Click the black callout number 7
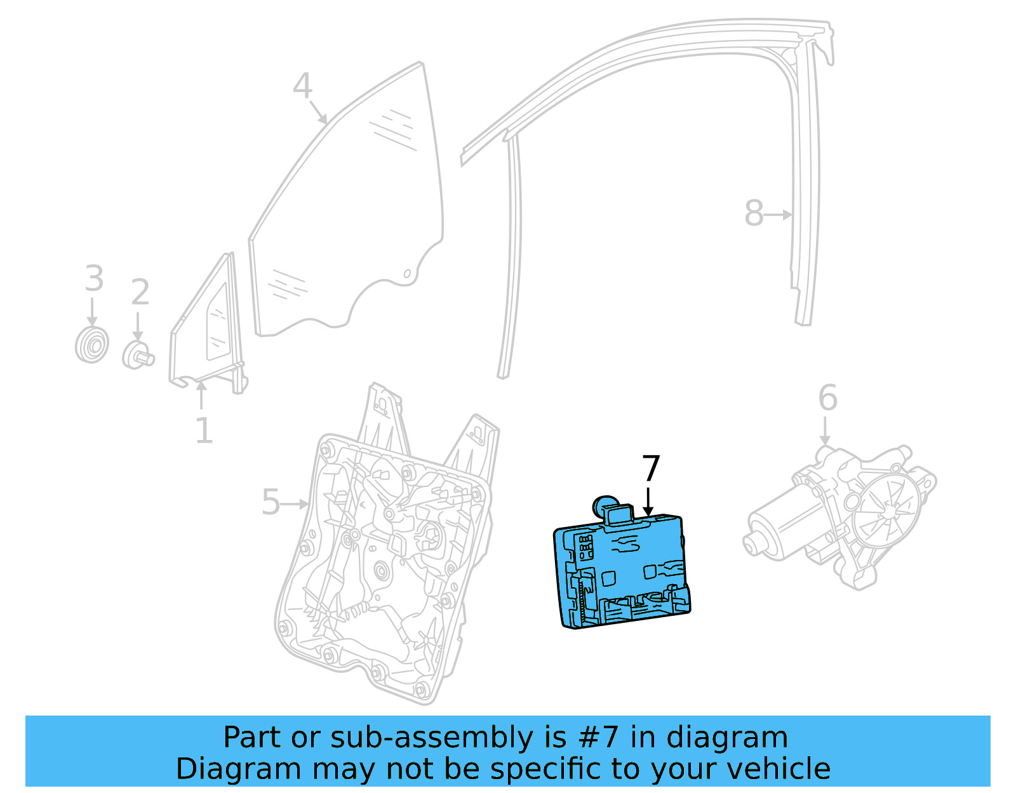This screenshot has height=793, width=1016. (651, 469)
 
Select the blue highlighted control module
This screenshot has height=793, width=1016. (622, 571)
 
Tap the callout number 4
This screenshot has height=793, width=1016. (302, 86)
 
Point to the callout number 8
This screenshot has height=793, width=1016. (754, 213)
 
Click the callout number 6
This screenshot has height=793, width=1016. (827, 398)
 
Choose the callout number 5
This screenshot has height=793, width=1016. (271, 503)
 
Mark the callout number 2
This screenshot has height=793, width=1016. (140, 292)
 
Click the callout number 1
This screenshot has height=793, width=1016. (203, 431)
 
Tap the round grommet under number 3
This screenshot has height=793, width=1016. (91, 345)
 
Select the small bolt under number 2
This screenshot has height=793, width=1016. (138, 354)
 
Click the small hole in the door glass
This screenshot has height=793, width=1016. (408, 274)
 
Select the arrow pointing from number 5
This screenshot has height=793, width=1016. (295, 504)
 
